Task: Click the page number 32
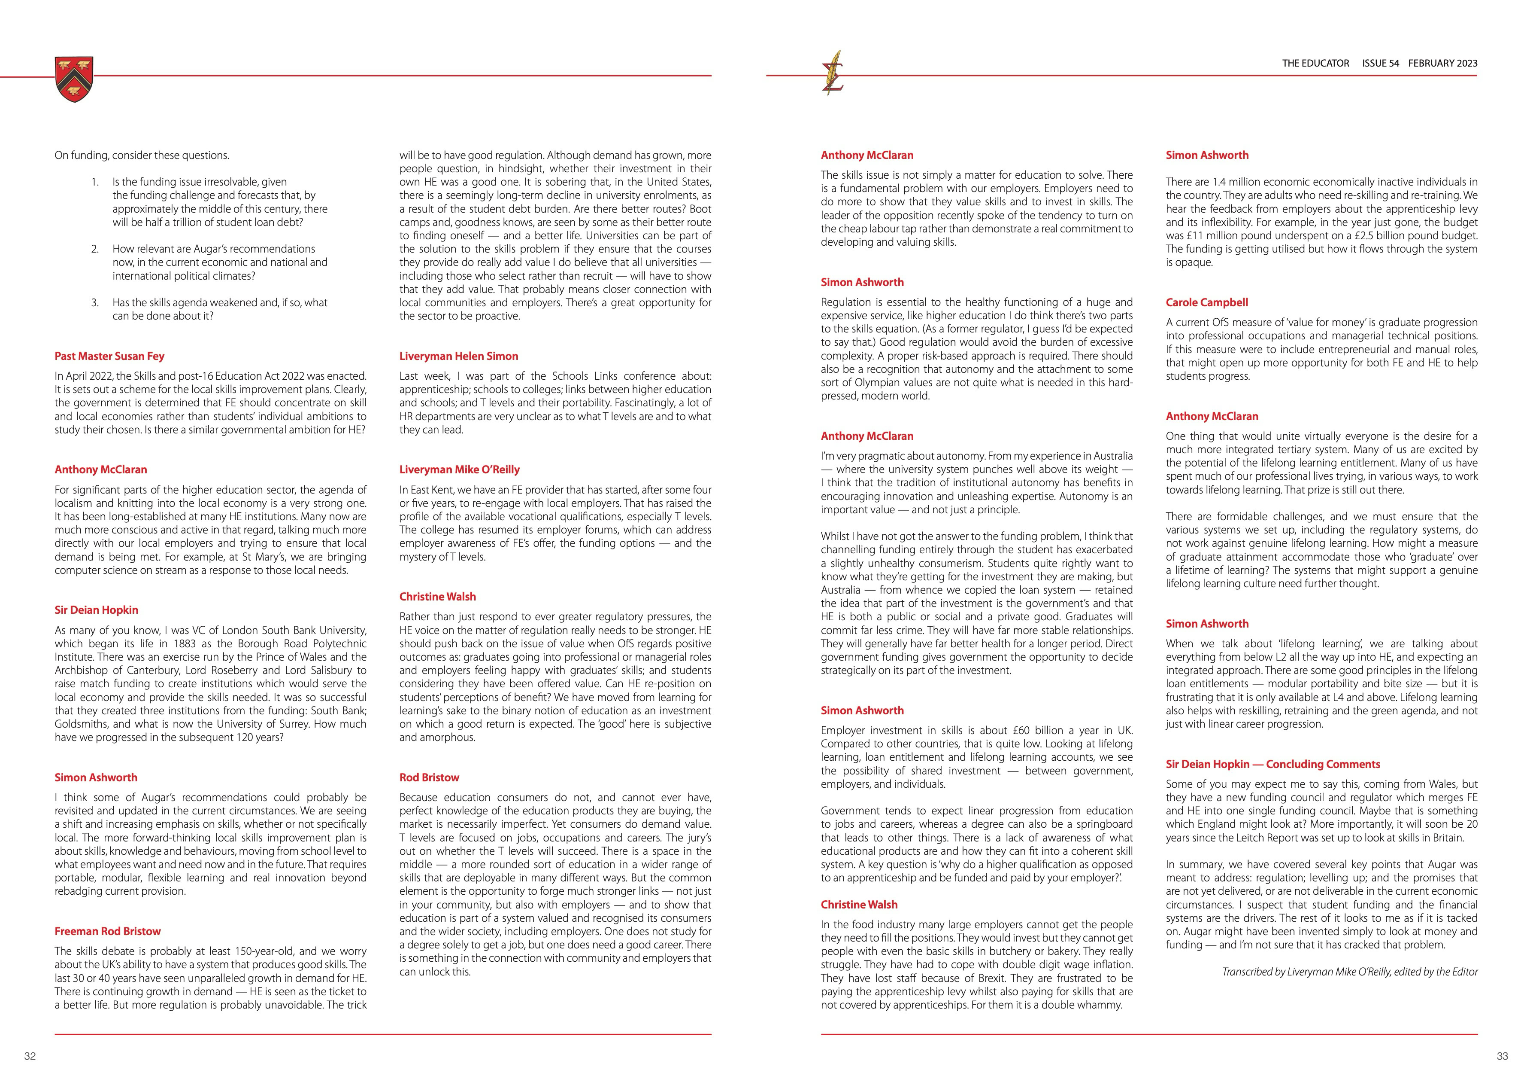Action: [30, 1056]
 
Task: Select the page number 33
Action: [1502, 1056]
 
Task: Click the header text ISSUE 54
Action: [1380, 64]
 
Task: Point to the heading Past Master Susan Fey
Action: [109, 356]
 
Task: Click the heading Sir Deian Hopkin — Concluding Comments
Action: [1272, 764]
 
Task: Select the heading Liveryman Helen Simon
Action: [459, 356]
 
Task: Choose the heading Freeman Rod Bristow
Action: [107, 931]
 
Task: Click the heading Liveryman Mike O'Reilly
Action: [459, 469]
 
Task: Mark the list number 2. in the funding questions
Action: [95, 249]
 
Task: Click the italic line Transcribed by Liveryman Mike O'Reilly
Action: [1349, 972]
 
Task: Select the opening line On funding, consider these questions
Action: [142, 155]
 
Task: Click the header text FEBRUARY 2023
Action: [1443, 64]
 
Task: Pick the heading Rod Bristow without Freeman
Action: [429, 778]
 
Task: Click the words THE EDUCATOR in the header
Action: [1315, 64]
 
